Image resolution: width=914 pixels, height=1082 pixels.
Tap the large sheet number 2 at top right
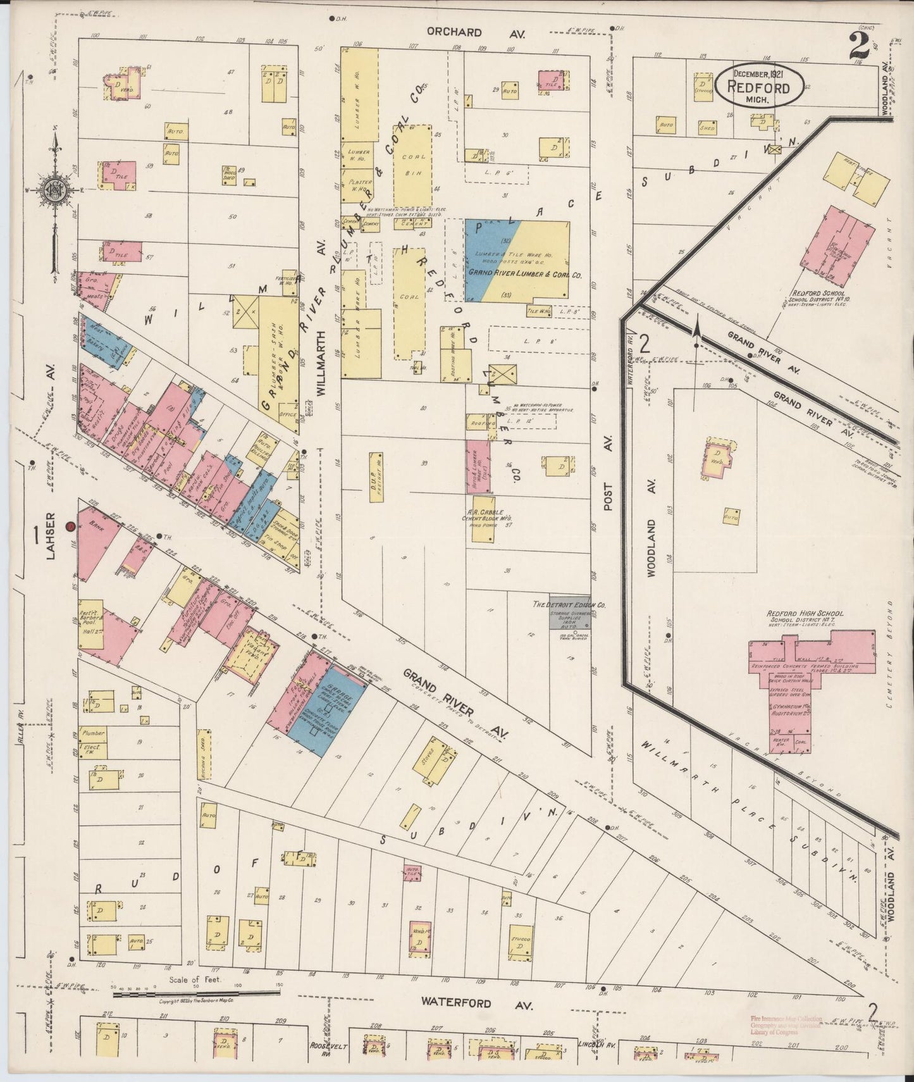(x=860, y=46)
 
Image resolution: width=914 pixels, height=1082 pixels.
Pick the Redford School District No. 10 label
(x=822, y=298)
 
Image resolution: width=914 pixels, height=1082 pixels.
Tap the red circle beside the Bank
(x=71, y=526)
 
